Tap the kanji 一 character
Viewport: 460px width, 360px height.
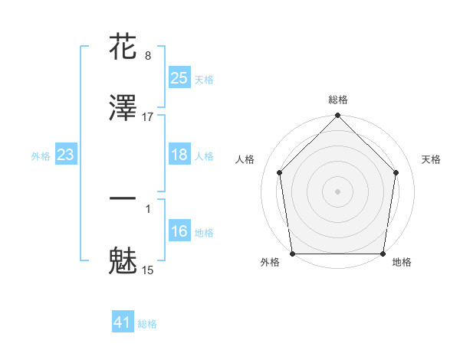(123, 198)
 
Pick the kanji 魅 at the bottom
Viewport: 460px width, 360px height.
(123, 260)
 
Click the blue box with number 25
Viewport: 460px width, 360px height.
(179, 78)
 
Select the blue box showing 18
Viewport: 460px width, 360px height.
(179, 155)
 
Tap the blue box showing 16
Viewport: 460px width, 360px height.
(179, 231)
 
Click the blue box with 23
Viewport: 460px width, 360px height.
(65, 155)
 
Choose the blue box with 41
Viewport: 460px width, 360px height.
(123, 323)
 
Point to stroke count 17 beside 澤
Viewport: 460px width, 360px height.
(148, 116)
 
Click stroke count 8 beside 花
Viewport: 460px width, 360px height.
(148, 55)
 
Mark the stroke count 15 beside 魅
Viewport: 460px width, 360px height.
(148, 270)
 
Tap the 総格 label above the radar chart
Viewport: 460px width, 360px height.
(338, 100)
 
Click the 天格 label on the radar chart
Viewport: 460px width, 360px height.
(432, 159)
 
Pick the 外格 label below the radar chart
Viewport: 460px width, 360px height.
(270, 262)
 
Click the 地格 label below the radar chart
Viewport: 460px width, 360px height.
(402, 262)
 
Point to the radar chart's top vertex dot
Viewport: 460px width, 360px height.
(338, 116)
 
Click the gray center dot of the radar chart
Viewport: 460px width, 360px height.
(338, 191)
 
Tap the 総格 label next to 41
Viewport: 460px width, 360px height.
(147, 324)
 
